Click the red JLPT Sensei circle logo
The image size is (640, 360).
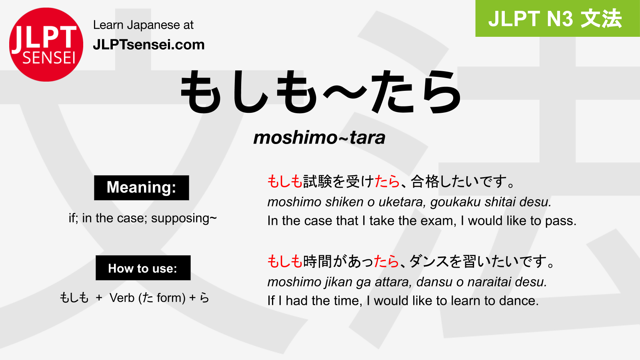46,44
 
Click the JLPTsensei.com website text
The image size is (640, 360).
149,45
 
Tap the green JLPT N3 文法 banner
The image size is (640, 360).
558,18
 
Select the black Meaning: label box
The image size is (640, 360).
142,188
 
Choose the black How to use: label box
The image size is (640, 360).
143,268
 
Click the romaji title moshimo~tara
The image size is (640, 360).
319,138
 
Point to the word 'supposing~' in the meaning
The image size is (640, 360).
184,218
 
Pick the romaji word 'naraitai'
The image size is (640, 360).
490,282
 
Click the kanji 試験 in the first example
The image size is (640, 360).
317,182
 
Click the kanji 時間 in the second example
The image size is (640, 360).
317,262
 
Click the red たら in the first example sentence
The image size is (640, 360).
387,182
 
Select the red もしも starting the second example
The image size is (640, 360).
285,262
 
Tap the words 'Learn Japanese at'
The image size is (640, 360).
143,25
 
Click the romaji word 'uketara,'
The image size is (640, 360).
402,202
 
